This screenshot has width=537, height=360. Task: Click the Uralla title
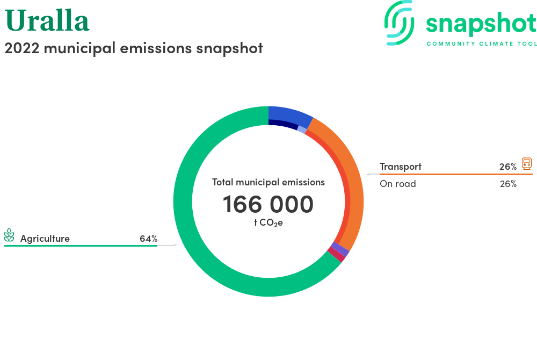47,20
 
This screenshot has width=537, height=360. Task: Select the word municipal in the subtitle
80,49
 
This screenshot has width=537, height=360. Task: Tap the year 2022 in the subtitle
22,48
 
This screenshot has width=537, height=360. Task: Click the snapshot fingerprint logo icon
399,23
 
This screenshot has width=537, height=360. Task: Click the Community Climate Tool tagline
482,44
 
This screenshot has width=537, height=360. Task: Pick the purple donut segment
340,249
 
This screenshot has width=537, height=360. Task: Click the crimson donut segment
336,255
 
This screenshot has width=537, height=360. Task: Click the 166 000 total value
268,204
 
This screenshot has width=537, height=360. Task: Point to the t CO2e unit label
268,223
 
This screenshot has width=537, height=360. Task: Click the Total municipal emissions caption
268,182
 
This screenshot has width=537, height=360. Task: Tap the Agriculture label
45,239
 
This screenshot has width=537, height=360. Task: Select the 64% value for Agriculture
149,239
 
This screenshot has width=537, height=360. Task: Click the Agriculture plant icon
9,235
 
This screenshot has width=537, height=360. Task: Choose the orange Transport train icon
527,164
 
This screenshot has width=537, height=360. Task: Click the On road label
398,184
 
